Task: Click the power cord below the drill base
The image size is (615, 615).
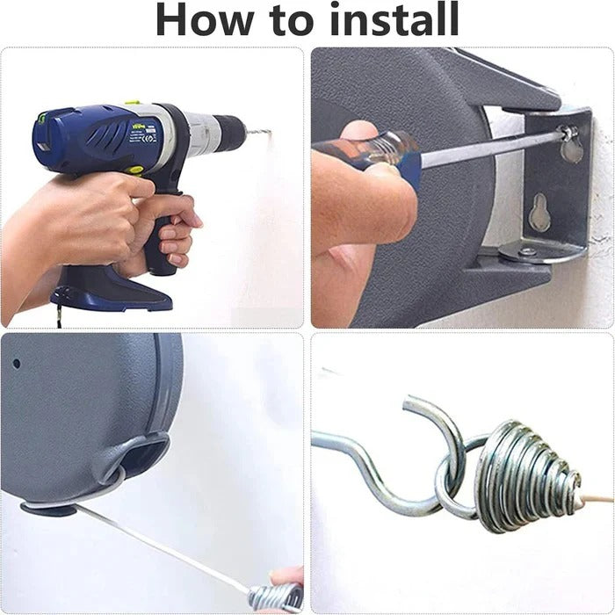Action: (60, 318)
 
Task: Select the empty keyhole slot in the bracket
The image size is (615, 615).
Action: (540, 211)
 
